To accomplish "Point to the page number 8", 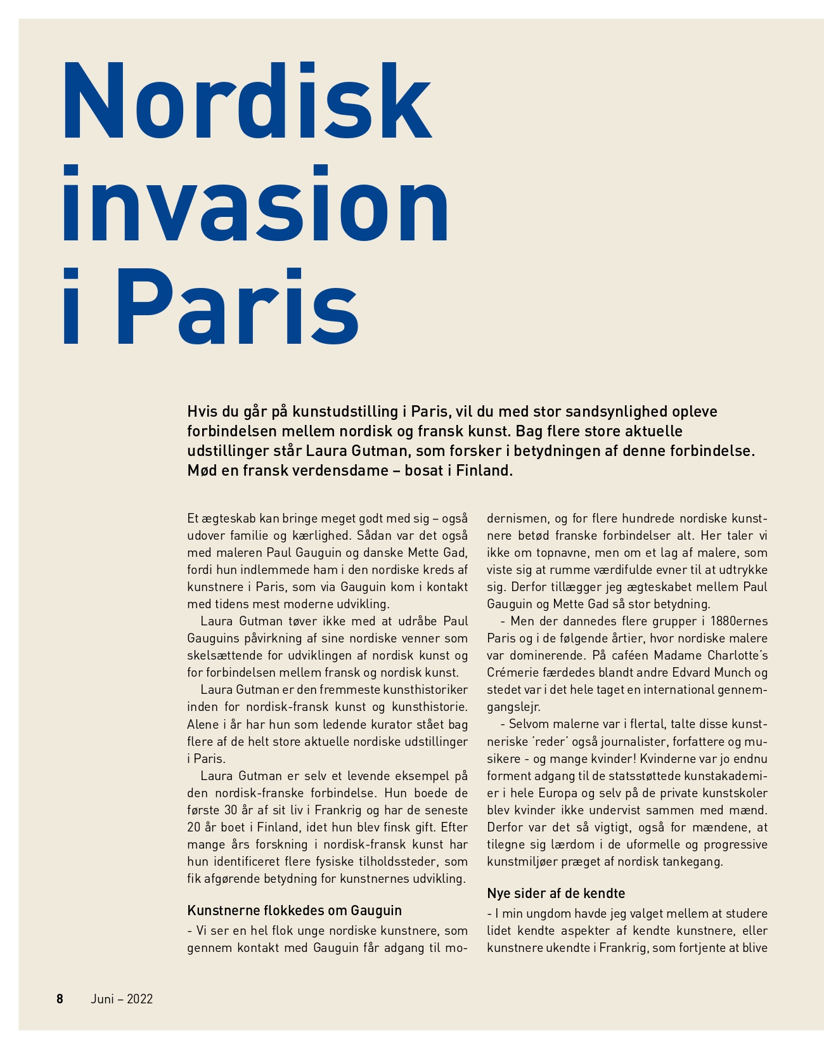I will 60,999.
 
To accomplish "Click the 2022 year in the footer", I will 140,999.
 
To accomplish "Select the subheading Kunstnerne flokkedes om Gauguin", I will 294,911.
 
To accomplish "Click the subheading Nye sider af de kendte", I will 556,894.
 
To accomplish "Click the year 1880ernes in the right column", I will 739,621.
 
